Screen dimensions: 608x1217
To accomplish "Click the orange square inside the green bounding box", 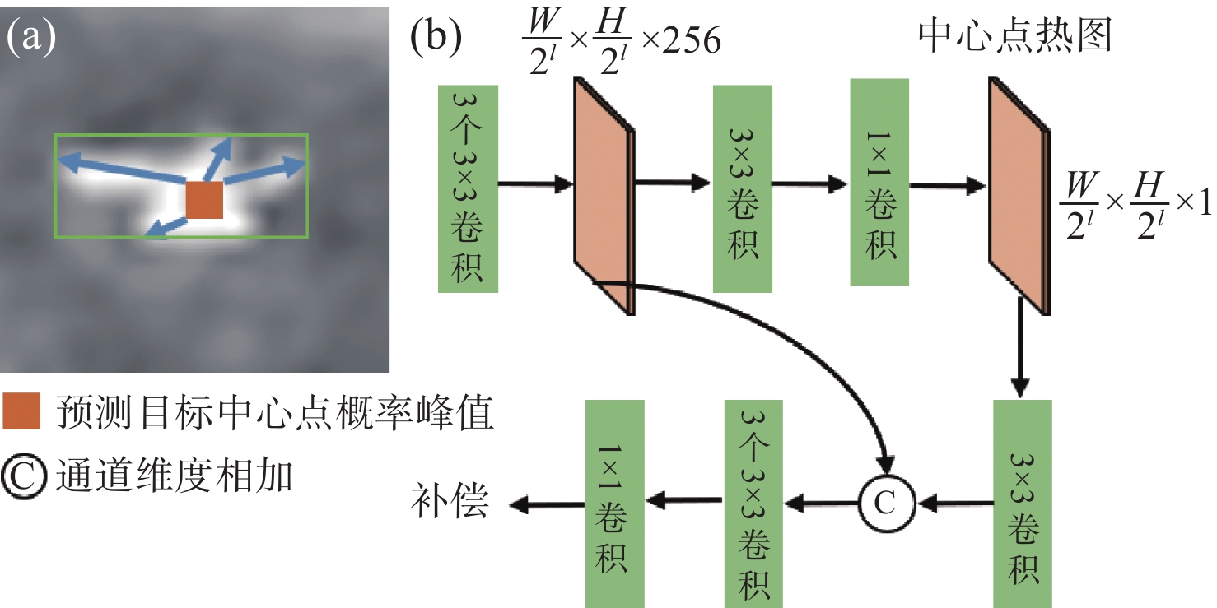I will [x=204, y=201].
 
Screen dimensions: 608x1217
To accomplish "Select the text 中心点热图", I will [x=1014, y=38].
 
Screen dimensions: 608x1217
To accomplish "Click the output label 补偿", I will [x=450, y=500].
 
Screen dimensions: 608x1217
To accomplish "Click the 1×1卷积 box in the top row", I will [x=880, y=183].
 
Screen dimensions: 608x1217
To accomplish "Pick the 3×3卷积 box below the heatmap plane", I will [x=1022, y=502].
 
